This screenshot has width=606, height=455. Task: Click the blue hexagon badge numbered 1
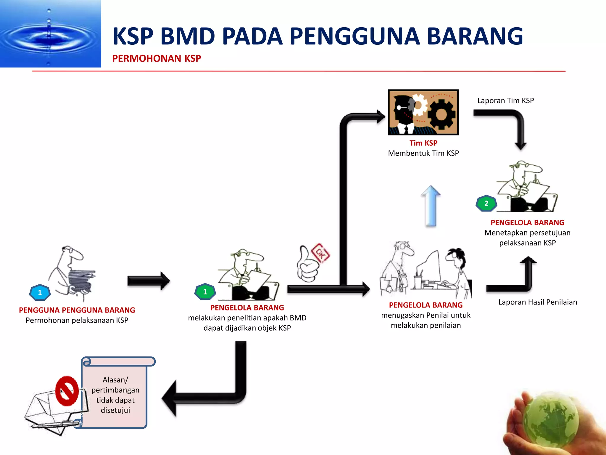pyautogui.click(x=40, y=293)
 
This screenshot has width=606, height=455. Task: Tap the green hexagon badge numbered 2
pyautogui.click(x=486, y=204)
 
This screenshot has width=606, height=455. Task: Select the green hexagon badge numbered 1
pyautogui.click(x=205, y=292)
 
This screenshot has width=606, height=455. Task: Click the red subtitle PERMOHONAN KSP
pyautogui.click(x=157, y=58)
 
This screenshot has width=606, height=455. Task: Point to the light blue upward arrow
pyautogui.click(x=431, y=206)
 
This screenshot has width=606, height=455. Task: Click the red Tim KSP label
pyautogui.click(x=423, y=143)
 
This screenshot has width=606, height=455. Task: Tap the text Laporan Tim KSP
pyautogui.click(x=505, y=101)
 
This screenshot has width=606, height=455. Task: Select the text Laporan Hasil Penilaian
pyautogui.click(x=537, y=302)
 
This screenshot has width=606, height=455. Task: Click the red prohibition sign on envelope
pyautogui.click(x=67, y=391)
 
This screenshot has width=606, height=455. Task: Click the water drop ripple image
pyautogui.click(x=50, y=33)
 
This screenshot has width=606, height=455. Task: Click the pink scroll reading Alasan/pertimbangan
pyautogui.click(x=115, y=394)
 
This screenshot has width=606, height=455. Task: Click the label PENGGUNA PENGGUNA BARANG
pyautogui.click(x=77, y=310)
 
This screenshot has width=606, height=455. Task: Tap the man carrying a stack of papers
pyautogui.click(x=74, y=274)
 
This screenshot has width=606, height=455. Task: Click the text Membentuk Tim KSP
pyautogui.click(x=423, y=153)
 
